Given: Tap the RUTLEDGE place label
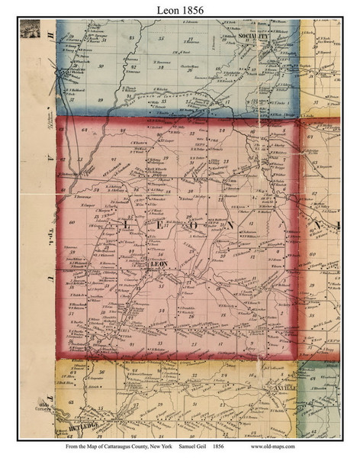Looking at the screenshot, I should [x=103, y=418].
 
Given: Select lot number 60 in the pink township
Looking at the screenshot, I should [x=72, y=222].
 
